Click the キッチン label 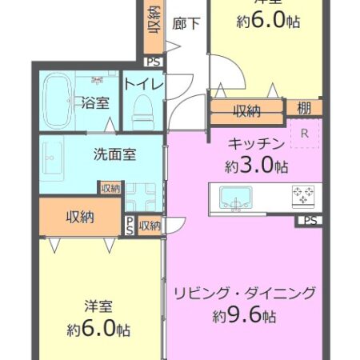257,145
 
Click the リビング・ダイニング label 245,293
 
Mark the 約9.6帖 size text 245,316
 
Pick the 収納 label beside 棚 246,110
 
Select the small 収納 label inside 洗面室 110,189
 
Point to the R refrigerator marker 305,134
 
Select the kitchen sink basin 235,197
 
